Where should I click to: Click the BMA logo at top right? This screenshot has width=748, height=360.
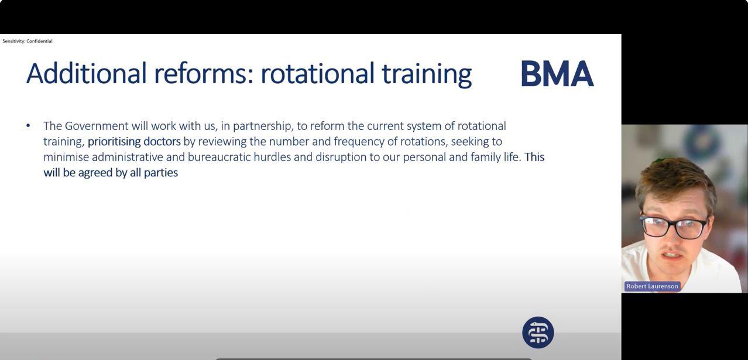pyautogui.click(x=557, y=73)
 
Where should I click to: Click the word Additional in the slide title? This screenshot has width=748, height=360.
pyautogui.click(x=87, y=73)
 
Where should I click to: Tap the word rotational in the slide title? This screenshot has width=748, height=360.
pyautogui.click(x=317, y=73)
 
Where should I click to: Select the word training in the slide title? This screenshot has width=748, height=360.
pyautogui.click(x=427, y=75)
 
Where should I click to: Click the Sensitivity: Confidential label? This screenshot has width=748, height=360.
pyautogui.click(x=28, y=41)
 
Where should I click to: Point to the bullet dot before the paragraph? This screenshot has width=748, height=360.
pyautogui.click(x=28, y=126)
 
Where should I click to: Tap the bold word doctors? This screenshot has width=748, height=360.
pyautogui.click(x=162, y=142)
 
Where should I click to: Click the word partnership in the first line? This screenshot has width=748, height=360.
pyautogui.click(x=262, y=126)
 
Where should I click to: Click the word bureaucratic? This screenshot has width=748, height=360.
pyautogui.click(x=219, y=157)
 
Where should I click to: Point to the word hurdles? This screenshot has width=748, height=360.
pyautogui.click(x=272, y=157)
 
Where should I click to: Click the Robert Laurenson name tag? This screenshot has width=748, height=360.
pyautogui.click(x=652, y=286)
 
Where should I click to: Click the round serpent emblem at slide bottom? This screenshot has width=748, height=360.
pyautogui.click(x=538, y=332)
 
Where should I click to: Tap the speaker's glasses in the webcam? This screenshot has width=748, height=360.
pyautogui.click(x=674, y=227)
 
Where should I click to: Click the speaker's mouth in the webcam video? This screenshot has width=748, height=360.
pyautogui.click(x=672, y=255)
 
